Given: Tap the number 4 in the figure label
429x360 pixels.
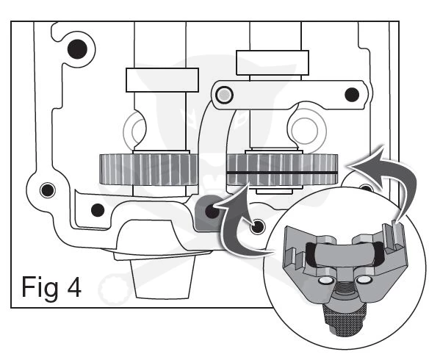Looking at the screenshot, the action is [74, 287].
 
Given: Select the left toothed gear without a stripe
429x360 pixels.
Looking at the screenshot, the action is [148, 170].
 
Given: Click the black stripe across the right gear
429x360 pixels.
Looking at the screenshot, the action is [282, 173].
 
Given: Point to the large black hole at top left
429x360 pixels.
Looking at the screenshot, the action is [77, 49].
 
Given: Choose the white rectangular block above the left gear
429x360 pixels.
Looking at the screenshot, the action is [162, 80].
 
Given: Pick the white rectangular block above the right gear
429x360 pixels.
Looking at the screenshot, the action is [273, 62].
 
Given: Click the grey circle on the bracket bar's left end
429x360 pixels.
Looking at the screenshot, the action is [224, 95].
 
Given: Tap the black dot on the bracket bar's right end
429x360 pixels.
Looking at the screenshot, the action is [352, 95].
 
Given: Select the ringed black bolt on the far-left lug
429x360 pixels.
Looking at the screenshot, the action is [47, 190].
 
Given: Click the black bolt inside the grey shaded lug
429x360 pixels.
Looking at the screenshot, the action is [212, 211].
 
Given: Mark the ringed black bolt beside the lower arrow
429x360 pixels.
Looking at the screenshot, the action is [257, 226].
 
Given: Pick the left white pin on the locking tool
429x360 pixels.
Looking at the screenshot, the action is [326, 280].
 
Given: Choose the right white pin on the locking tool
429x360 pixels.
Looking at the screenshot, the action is [364, 279].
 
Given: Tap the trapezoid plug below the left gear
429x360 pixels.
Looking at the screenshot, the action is [163, 278].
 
